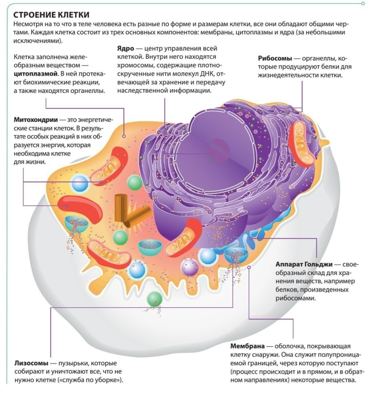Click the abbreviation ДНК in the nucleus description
pos(207,74)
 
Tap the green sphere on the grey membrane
pos(155,299)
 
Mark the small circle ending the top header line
pos(363,3)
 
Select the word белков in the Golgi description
pos(288,290)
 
